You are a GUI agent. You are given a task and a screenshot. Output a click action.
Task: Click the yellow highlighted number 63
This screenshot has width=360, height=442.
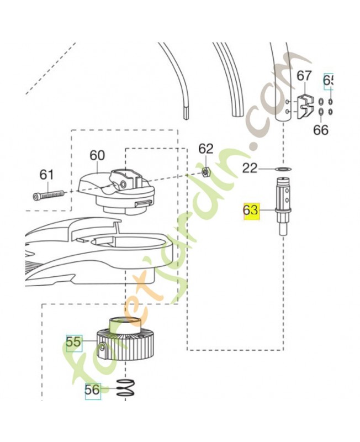pyautogui.click(x=251, y=211)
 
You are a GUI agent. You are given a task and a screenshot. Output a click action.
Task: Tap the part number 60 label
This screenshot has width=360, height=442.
pyautogui.click(x=97, y=155)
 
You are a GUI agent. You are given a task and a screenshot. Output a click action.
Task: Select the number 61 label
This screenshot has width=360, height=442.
pyautogui.click(x=47, y=175)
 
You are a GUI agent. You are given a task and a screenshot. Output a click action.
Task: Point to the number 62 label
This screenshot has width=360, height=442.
pyautogui.click(x=205, y=149)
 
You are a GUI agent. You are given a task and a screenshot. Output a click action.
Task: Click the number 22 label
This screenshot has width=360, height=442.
pyautogui.click(x=250, y=168)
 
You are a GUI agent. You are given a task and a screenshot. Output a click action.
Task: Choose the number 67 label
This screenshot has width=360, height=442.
pyautogui.click(x=304, y=76)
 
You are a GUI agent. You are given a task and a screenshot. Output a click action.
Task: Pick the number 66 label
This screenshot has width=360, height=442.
pyautogui.click(x=321, y=130)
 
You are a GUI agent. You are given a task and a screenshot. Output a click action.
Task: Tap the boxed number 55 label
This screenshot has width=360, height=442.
pyautogui.click(x=73, y=343)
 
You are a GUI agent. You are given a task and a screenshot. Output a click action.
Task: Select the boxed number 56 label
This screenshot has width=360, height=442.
pyautogui.click(x=93, y=390)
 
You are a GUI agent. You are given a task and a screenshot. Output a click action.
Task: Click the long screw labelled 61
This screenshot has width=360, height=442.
pyautogui.click(x=49, y=194)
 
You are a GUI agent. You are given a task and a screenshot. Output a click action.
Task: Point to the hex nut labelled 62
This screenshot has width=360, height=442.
pyautogui.click(x=205, y=172)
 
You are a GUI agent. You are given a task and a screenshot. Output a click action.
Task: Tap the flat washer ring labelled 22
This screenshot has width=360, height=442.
pyautogui.click(x=283, y=168)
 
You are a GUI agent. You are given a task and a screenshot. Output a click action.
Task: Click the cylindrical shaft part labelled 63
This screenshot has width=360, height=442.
pyautogui.click(x=284, y=207)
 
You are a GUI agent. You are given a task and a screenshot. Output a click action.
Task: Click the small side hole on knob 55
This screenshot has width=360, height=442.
pyautogui.click(x=103, y=347)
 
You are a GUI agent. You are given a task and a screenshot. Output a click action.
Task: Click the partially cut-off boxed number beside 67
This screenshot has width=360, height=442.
pyautogui.click(x=329, y=81)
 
